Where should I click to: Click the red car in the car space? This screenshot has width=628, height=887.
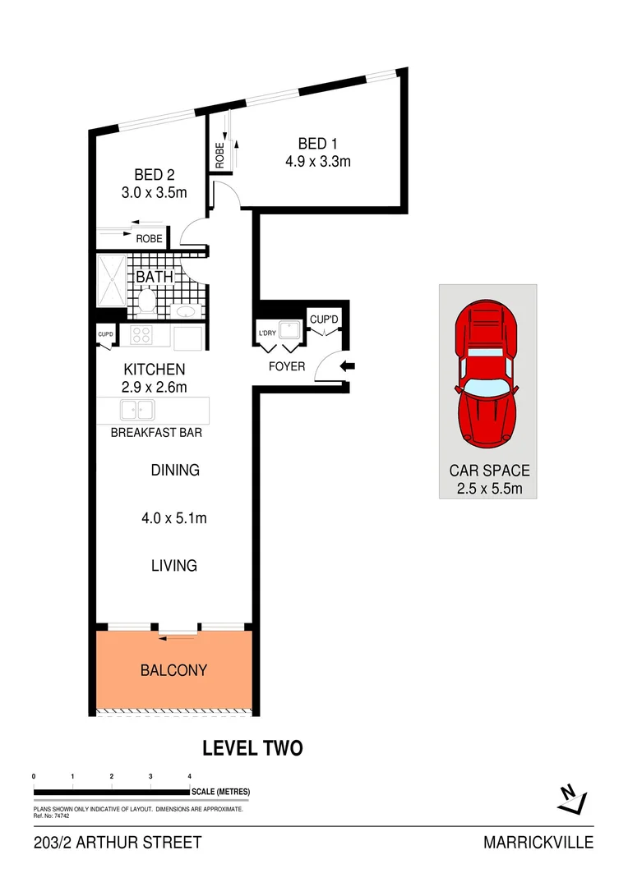tap(487, 375)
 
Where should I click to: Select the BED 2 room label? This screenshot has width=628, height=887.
tap(155, 175)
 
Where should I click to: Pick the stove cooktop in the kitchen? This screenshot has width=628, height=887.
tap(141, 335)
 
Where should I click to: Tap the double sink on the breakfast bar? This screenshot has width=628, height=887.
tap(137, 409)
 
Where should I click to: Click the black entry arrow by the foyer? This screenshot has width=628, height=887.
tap(347, 366)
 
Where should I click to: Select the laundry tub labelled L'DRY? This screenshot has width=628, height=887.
tap(289, 330)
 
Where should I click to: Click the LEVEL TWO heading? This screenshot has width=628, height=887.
tap(252, 748)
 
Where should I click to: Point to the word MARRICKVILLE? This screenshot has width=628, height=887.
tap(538, 843)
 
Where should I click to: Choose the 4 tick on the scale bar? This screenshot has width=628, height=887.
tap(190, 776)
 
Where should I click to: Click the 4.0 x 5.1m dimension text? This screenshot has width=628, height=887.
tap(173, 518)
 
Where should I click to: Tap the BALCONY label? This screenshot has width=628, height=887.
tap(173, 670)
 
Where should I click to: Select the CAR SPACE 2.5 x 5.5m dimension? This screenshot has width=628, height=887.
tap(488, 490)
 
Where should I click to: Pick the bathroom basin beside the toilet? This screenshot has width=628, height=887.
tap(186, 310)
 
